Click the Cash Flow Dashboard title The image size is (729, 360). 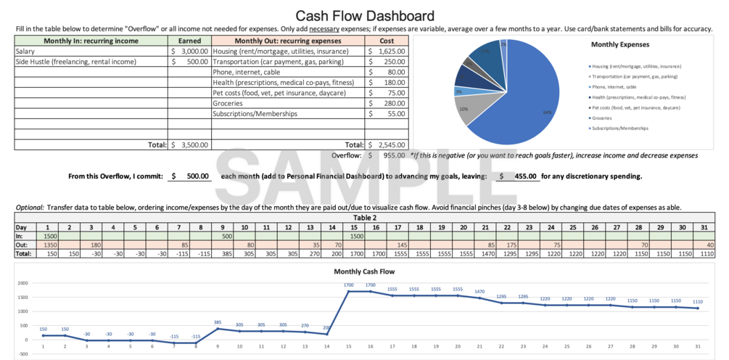364,15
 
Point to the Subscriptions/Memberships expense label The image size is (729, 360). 253,114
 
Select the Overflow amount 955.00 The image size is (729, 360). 393,155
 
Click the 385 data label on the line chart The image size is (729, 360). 218,322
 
